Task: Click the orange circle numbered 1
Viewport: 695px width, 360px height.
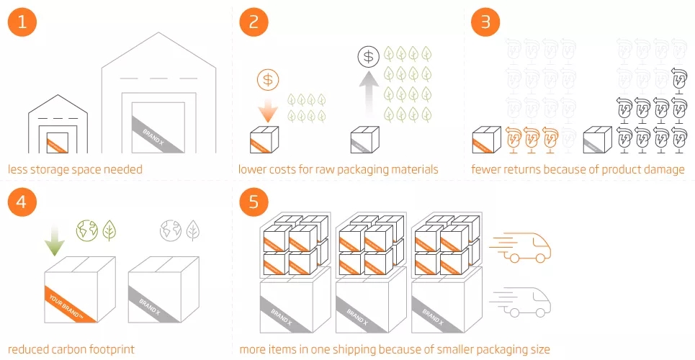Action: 22,22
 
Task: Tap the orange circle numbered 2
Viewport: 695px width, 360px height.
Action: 254,22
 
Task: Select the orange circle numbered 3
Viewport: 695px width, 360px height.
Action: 485,22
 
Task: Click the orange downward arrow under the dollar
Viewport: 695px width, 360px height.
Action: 267,110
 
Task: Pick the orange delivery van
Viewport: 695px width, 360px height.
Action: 521,246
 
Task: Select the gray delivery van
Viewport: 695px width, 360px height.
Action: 521,301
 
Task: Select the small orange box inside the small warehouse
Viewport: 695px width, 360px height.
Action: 57,143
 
